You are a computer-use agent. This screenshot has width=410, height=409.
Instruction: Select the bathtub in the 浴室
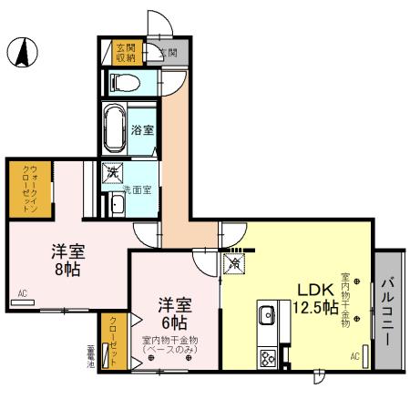coord(116,130)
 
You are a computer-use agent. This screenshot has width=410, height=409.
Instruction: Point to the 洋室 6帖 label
coord(173,312)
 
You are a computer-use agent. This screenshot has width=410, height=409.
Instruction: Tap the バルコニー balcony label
coord(388,310)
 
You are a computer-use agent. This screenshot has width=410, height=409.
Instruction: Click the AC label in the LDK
coord(354,356)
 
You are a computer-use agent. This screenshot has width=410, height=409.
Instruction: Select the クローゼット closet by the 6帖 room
coord(113,342)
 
